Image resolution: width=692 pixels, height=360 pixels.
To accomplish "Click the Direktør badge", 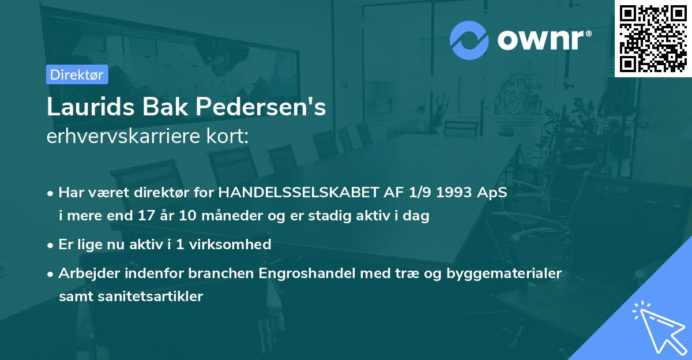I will click(x=77, y=74).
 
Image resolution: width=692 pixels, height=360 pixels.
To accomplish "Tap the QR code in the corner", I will click(x=653, y=38).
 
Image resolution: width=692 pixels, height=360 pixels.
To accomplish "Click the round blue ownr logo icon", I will click(x=469, y=40).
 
